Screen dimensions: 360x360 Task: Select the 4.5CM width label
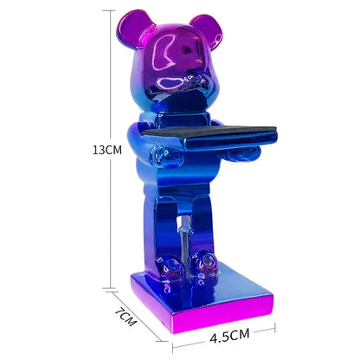222,332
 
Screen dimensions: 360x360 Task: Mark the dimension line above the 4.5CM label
223,347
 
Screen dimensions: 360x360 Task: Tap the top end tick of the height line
110,10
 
